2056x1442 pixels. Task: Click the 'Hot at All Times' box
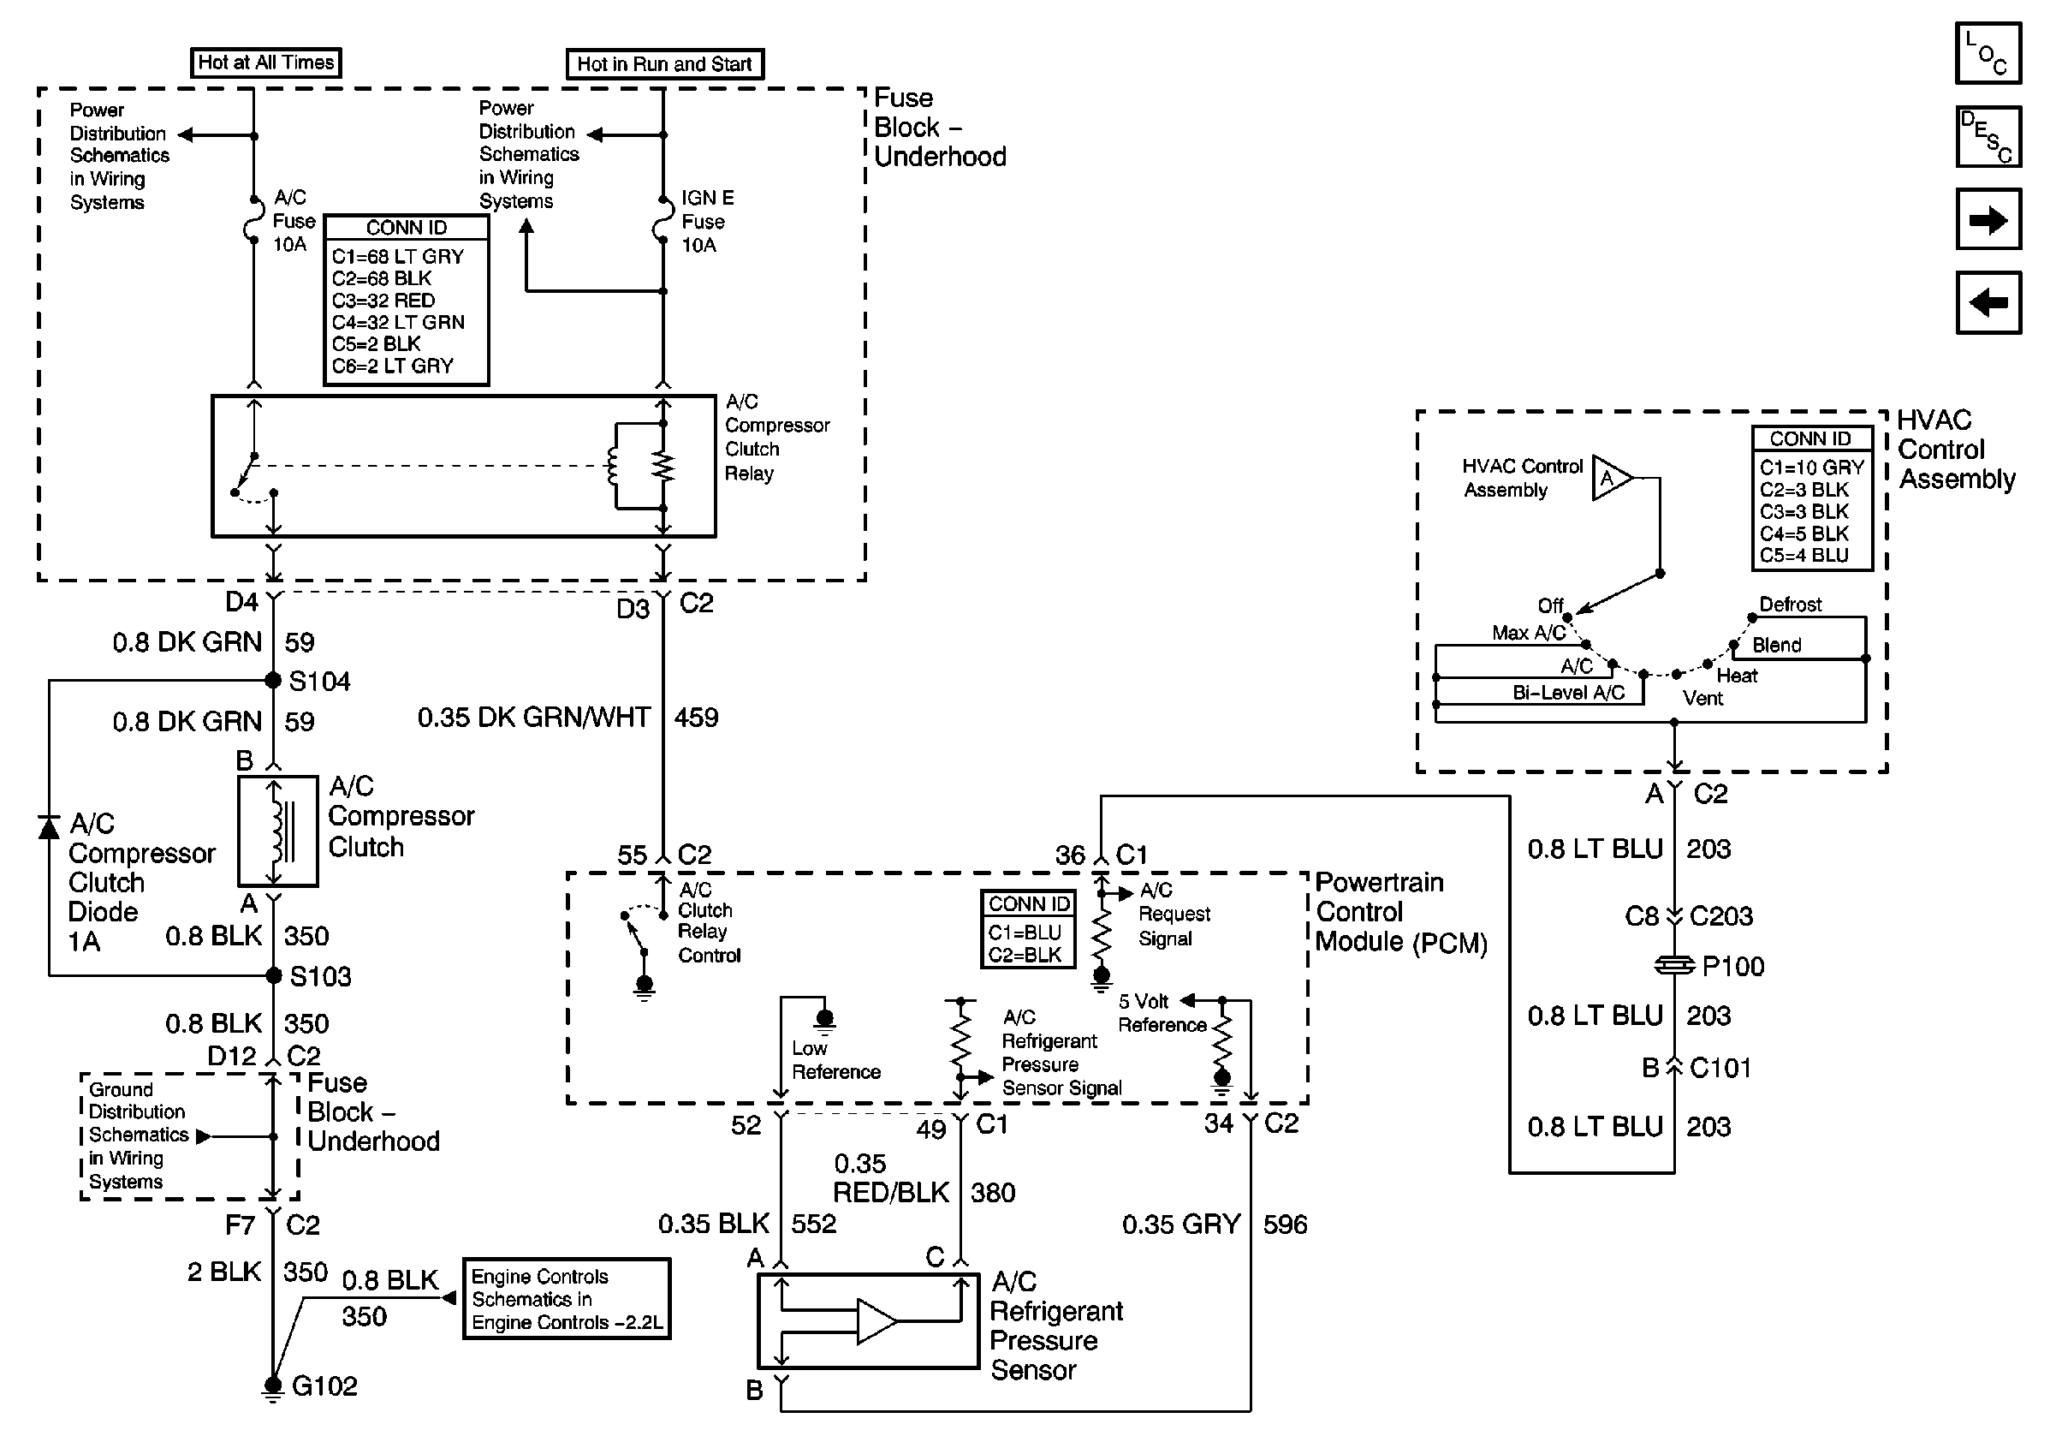click(266, 63)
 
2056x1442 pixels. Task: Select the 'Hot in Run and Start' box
click(664, 64)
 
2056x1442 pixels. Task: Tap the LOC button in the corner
click(1988, 54)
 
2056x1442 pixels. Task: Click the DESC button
click(1988, 136)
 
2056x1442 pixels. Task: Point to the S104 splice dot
click(273, 681)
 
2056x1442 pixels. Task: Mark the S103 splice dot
click(274, 975)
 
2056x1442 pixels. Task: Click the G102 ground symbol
click(272, 1386)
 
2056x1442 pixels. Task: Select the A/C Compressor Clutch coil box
click(277, 831)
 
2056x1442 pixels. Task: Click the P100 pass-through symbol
click(1674, 966)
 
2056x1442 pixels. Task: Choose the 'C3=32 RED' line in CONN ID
click(383, 301)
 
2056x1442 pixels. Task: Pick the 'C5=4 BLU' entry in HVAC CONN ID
click(1803, 555)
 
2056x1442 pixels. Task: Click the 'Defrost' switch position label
click(1790, 605)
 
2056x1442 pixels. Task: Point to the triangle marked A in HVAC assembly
click(1611, 479)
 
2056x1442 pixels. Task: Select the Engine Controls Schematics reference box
click(566, 1299)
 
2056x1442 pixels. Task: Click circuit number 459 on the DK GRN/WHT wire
click(697, 718)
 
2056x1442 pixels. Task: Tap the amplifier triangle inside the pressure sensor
click(876, 1321)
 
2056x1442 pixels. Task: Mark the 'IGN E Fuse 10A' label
click(706, 221)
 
